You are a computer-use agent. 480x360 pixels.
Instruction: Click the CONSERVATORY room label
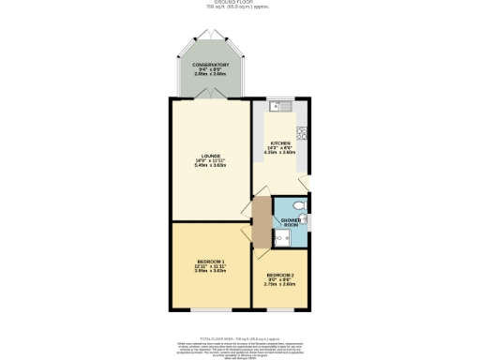[x=211, y=65]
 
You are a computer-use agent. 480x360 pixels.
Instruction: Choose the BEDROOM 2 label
[x=280, y=275]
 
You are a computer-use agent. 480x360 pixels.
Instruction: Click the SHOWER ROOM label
[x=291, y=222]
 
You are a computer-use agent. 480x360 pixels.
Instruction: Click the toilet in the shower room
[x=298, y=205]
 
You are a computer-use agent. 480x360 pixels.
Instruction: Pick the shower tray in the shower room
[x=282, y=239]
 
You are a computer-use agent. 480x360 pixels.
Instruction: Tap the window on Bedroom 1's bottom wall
[x=211, y=309]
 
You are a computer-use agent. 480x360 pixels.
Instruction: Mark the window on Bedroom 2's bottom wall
[x=280, y=309]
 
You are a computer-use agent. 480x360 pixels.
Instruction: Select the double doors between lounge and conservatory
[x=211, y=97]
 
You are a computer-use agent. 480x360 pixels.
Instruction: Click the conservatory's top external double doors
[x=211, y=34]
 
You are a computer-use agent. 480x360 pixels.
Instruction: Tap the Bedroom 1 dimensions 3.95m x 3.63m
[x=210, y=270]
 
